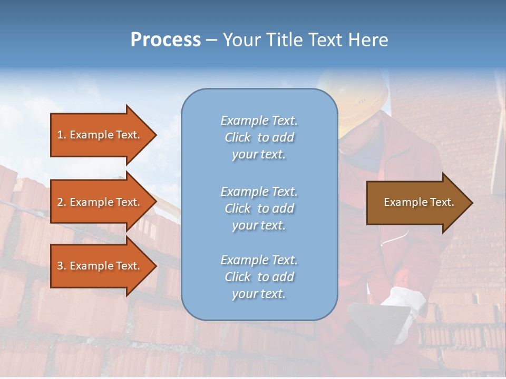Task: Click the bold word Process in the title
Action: (166, 40)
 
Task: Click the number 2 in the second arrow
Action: (60, 202)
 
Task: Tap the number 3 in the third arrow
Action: (60, 266)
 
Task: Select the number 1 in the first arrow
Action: (60, 135)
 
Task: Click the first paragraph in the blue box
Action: (259, 137)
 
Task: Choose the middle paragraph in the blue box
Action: (259, 208)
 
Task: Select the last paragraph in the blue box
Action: (259, 277)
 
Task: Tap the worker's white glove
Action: (404, 300)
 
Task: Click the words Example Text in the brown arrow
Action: (419, 202)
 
